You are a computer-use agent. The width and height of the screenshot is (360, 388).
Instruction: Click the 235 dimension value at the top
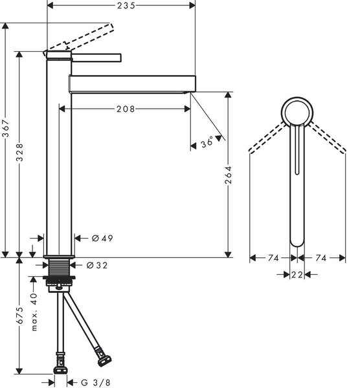coord(126,5)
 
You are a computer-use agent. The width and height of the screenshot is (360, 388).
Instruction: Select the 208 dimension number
coord(126,109)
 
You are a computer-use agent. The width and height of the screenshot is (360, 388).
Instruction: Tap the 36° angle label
coord(207,142)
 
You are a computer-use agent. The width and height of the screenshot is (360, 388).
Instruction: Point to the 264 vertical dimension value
coord(228,175)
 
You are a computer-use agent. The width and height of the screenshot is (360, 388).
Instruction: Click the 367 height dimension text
coord(5,128)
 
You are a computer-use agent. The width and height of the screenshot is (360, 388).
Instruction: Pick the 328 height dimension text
coord(19,153)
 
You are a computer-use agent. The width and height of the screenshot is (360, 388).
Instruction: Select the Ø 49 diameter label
coord(102,238)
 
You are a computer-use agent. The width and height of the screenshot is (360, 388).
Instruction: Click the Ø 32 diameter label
coord(97,265)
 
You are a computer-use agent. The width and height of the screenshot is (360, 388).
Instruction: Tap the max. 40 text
coord(34,312)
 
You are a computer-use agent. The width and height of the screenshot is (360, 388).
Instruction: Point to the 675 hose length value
coord(19,316)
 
